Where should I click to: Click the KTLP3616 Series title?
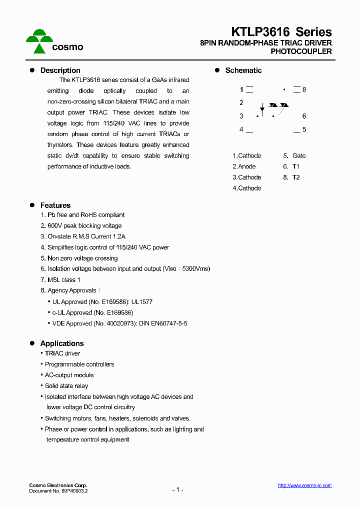point(281,32)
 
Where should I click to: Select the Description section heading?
point(60,70)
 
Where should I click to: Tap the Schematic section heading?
point(243,70)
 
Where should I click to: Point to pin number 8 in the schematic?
point(304,89)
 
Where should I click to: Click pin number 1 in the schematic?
point(241,90)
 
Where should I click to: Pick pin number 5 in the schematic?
point(304,129)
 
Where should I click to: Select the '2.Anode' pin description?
point(244,166)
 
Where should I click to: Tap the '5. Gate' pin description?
point(294,155)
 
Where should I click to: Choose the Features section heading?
point(55,205)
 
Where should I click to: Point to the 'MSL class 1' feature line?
point(63,280)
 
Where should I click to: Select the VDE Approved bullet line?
point(119,323)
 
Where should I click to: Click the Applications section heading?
point(61,343)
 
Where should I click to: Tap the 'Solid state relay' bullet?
point(66,386)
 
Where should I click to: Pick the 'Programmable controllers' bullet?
point(79,364)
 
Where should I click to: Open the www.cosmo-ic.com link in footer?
point(304,485)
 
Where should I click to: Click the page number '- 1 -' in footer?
point(177,490)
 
